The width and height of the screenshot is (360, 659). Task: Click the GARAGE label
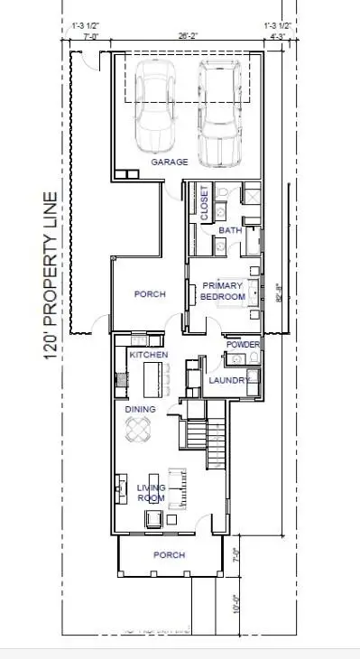tap(169, 162)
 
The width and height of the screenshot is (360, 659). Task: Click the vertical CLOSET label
tap(204, 203)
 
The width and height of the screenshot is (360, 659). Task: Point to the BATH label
tap(230, 231)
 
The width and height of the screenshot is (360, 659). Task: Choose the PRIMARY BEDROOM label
tap(221, 290)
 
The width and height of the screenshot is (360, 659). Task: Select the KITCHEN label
tap(149, 355)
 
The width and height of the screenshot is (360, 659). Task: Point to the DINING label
tap(140, 409)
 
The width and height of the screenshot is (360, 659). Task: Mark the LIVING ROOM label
tap(151, 493)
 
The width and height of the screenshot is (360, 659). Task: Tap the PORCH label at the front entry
tap(169, 554)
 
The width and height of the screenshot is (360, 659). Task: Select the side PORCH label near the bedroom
tap(149, 294)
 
